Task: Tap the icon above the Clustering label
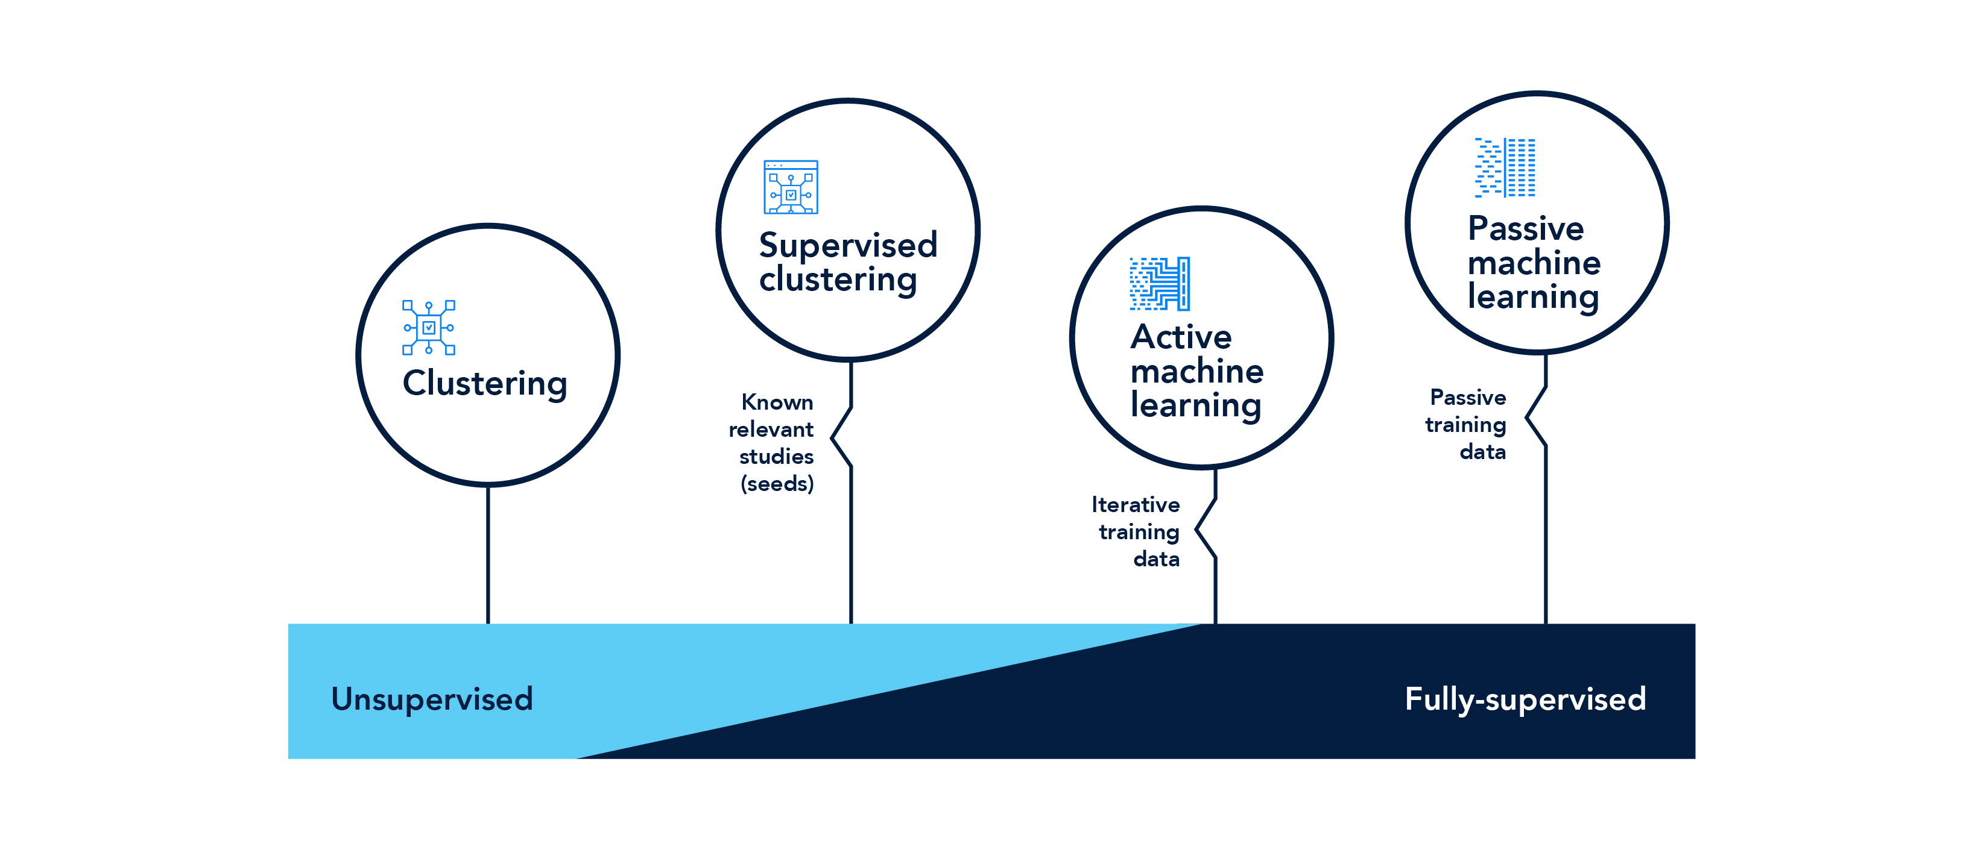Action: (x=429, y=328)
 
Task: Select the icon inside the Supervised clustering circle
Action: (x=791, y=187)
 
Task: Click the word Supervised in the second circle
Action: (x=848, y=245)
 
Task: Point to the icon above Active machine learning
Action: (x=1160, y=283)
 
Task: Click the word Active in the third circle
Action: (x=1181, y=337)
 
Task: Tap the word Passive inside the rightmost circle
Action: (x=1526, y=228)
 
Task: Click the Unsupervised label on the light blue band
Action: (x=432, y=699)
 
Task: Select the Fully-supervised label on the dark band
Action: (x=1525, y=699)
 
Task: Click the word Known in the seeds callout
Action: (x=777, y=402)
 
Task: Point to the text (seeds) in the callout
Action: (x=777, y=484)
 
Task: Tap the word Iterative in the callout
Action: (x=1135, y=505)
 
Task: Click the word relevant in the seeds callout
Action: (x=771, y=430)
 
